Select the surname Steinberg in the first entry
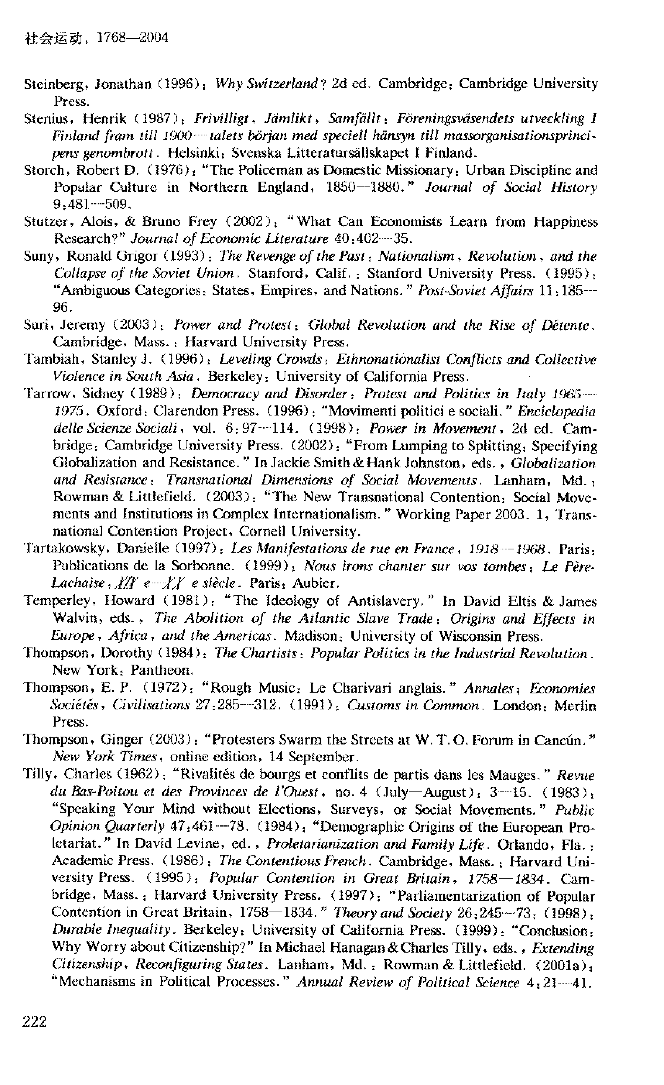click(51, 84)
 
